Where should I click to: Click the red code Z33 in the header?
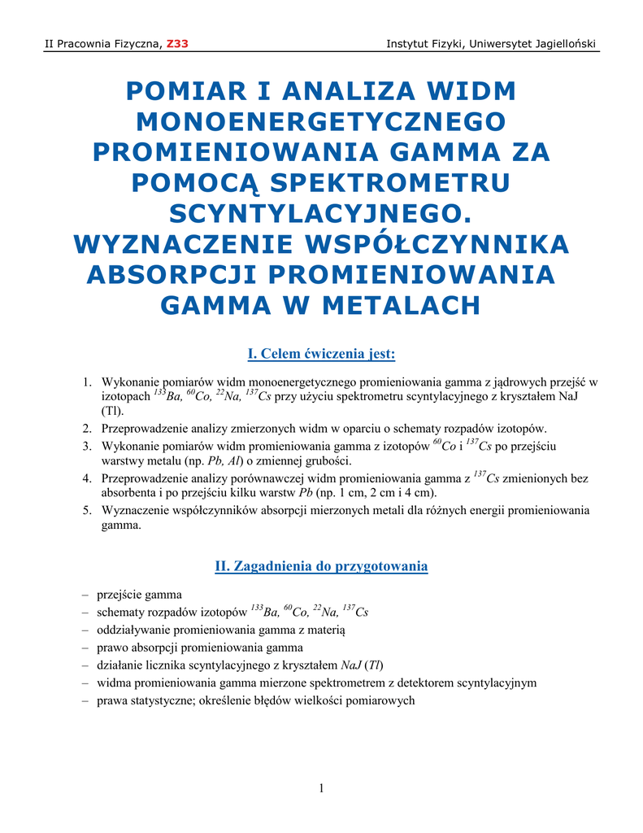point(177,43)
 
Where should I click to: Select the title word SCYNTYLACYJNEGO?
point(321,213)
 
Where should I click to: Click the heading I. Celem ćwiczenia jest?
point(321,354)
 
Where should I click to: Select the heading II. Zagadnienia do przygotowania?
point(321,566)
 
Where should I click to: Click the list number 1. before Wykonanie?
point(87,382)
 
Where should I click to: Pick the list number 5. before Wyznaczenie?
point(87,511)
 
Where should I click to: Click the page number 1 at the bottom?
point(322,787)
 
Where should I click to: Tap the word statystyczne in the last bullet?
point(156,700)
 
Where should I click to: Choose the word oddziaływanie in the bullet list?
point(133,630)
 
